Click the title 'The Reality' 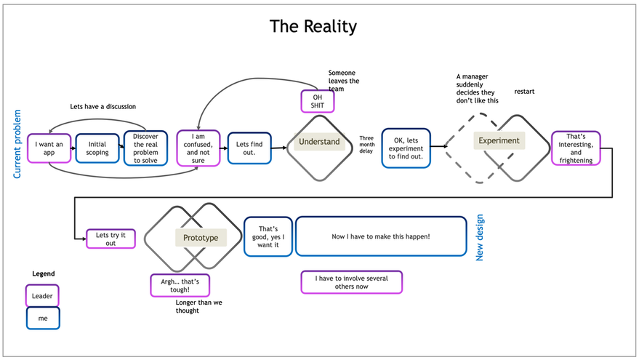click(x=313, y=27)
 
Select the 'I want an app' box click(x=49, y=148)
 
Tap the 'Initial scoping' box click(x=97, y=148)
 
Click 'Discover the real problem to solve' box click(x=150, y=148)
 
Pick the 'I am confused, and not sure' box click(x=198, y=148)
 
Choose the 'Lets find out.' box click(x=249, y=148)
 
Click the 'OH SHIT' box click(x=318, y=101)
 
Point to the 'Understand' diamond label click(x=319, y=142)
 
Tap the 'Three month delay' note click(x=366, y=144)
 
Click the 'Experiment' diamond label click(x=499, y=140)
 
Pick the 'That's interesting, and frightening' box click(x=576, y=149)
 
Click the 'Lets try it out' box click(x=110, y=239)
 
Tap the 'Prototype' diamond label click(x=200, y=237)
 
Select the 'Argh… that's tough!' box click(x=174, y=285)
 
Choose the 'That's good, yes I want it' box click(x=268, y=237)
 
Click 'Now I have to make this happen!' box click(x=381, y=237)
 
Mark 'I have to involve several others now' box click(x=351, y=281)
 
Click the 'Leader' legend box click(x=42, y=295)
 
